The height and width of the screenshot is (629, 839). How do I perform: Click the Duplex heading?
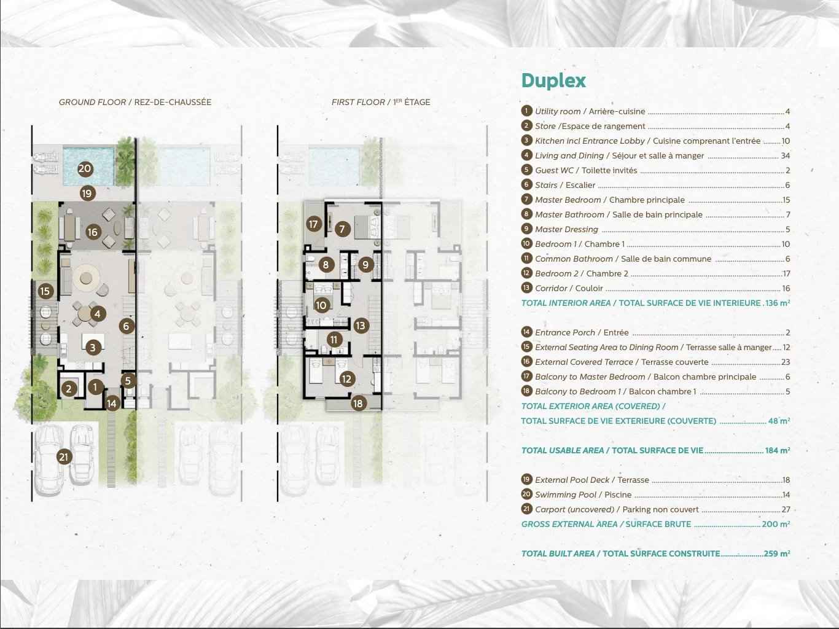tap(553, 81)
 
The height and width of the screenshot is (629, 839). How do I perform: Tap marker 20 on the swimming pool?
tap(85, 169)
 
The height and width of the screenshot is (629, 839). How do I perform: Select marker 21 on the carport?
tap(64, 457)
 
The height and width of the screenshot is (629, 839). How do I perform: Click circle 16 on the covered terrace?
tap(93, 232)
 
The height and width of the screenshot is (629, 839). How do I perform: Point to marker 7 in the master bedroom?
tap(343, 229)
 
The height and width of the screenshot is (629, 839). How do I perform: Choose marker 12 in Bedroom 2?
tap(346, 379)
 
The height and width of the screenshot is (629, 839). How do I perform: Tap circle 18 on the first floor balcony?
tap(358, 403)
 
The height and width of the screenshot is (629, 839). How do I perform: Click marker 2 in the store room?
tap(69, 389)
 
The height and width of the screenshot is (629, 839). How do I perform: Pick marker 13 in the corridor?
tap(361, 326)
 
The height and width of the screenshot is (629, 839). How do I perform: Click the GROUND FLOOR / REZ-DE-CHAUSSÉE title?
tap(135, 103)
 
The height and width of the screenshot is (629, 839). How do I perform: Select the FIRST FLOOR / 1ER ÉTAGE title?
tap(381, 103)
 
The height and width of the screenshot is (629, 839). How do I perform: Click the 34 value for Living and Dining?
tap(785, 156)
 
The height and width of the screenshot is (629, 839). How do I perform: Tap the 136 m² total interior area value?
tap(778, 303)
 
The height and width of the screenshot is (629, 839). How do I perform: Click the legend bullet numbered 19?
tap(526, 479)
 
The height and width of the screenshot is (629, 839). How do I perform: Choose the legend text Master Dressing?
tap(566, 229)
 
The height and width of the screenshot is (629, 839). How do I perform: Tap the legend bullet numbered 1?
tap(526, 111)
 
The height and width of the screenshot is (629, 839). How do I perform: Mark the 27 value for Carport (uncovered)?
tap(786, 509)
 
